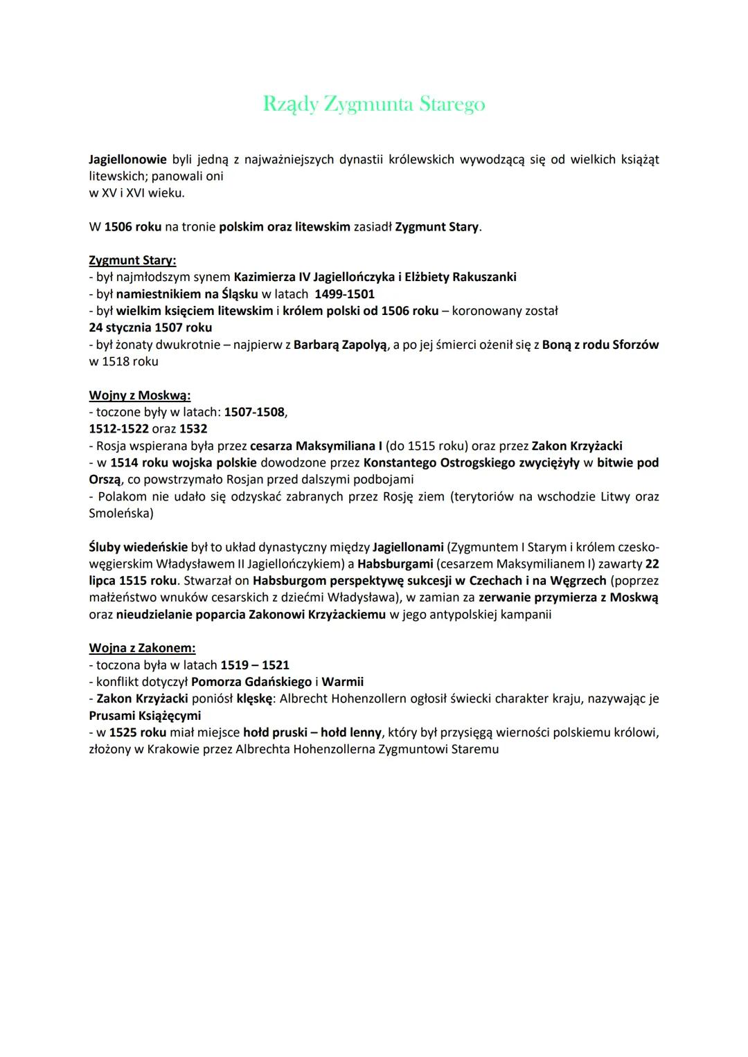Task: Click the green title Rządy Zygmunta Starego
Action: pos(374,104)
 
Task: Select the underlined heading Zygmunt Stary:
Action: pos(132,260)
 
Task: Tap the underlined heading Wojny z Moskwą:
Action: pos(139,395)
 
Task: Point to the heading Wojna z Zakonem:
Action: pos(142,648)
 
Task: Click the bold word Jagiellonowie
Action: pos(127,159)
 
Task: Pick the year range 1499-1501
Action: pos(344,293)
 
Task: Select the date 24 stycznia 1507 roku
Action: pos(150,327)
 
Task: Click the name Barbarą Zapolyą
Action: pos(340,345)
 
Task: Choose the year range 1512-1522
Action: pos(118,428)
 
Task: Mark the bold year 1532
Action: pos(193,428)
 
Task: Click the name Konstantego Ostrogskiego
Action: pos(439,462)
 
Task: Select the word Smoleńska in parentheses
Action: pos(118,513)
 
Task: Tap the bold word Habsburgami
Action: pos(395,563)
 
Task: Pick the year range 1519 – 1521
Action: pos(255,665)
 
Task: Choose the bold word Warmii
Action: pos(342,682)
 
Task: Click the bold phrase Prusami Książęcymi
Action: pos(145,715)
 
